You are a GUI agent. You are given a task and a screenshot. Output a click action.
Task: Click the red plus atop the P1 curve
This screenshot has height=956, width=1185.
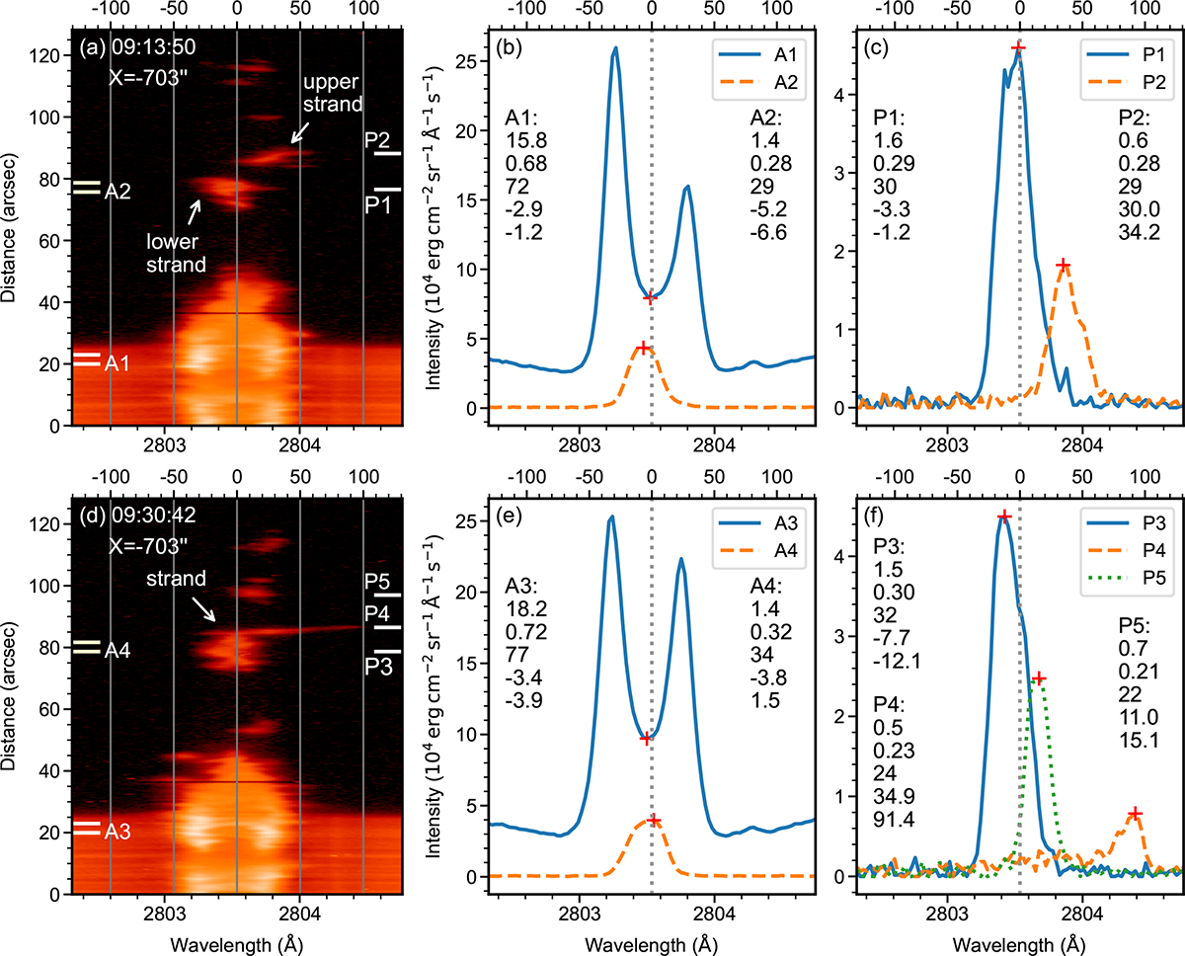coord(1018,47)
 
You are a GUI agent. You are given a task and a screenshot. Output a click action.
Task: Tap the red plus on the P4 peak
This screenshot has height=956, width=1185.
coord(1135,813)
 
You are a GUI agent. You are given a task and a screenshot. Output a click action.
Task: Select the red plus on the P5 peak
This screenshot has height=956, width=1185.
coord(1039,677)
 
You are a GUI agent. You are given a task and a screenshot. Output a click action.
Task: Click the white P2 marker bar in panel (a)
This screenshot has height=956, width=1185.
coord(388,153)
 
